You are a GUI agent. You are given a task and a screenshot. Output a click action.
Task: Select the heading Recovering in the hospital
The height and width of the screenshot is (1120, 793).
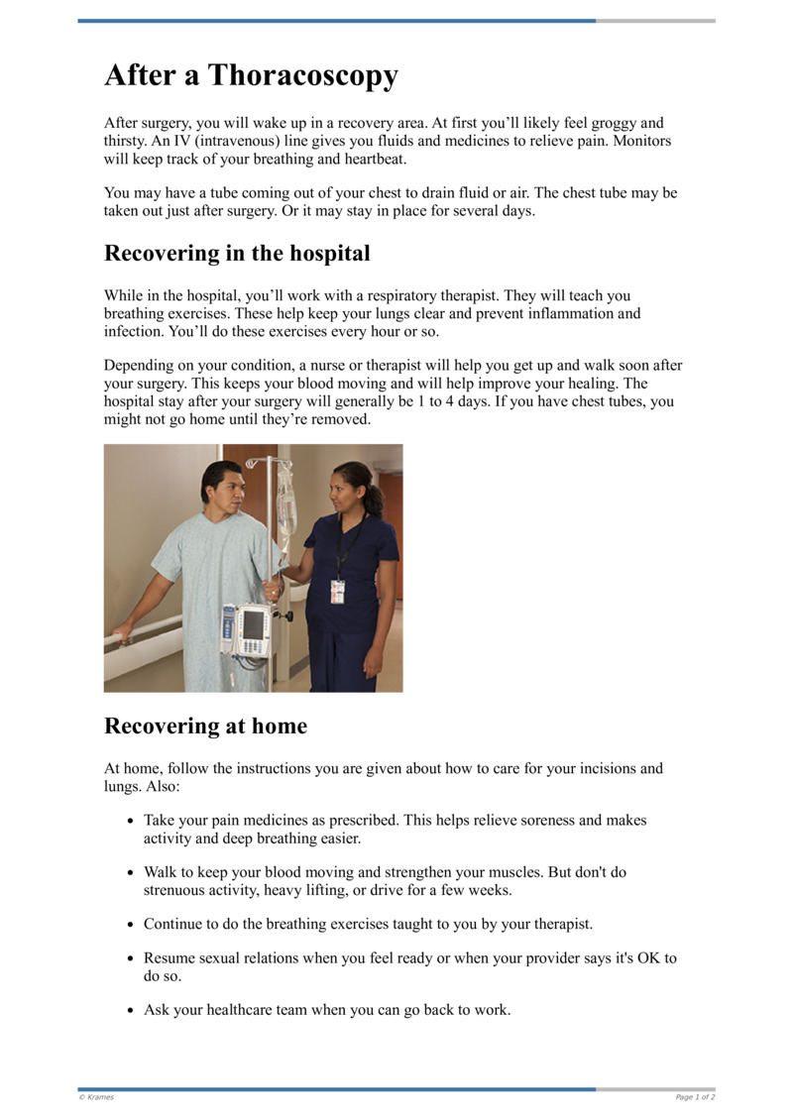tap(237, 253)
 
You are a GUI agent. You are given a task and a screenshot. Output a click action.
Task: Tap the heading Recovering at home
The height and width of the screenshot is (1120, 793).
tap(205, 726)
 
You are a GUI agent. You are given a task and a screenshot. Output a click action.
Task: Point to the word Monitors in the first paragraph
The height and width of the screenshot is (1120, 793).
tap(641, 141)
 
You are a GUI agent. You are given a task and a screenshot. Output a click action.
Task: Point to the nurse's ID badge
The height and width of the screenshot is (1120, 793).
tap(337, 592)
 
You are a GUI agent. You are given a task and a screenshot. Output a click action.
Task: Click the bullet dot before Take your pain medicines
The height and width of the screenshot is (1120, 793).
tap(130, 822)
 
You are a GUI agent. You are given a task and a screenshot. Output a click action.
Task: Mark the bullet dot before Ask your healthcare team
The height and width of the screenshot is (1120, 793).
tap(130, 1011)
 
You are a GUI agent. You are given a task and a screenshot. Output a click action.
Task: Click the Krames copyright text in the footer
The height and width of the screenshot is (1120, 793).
tap(97, 1097)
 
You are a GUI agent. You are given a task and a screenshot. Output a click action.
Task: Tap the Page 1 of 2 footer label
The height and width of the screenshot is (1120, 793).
tap(695, 1097)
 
